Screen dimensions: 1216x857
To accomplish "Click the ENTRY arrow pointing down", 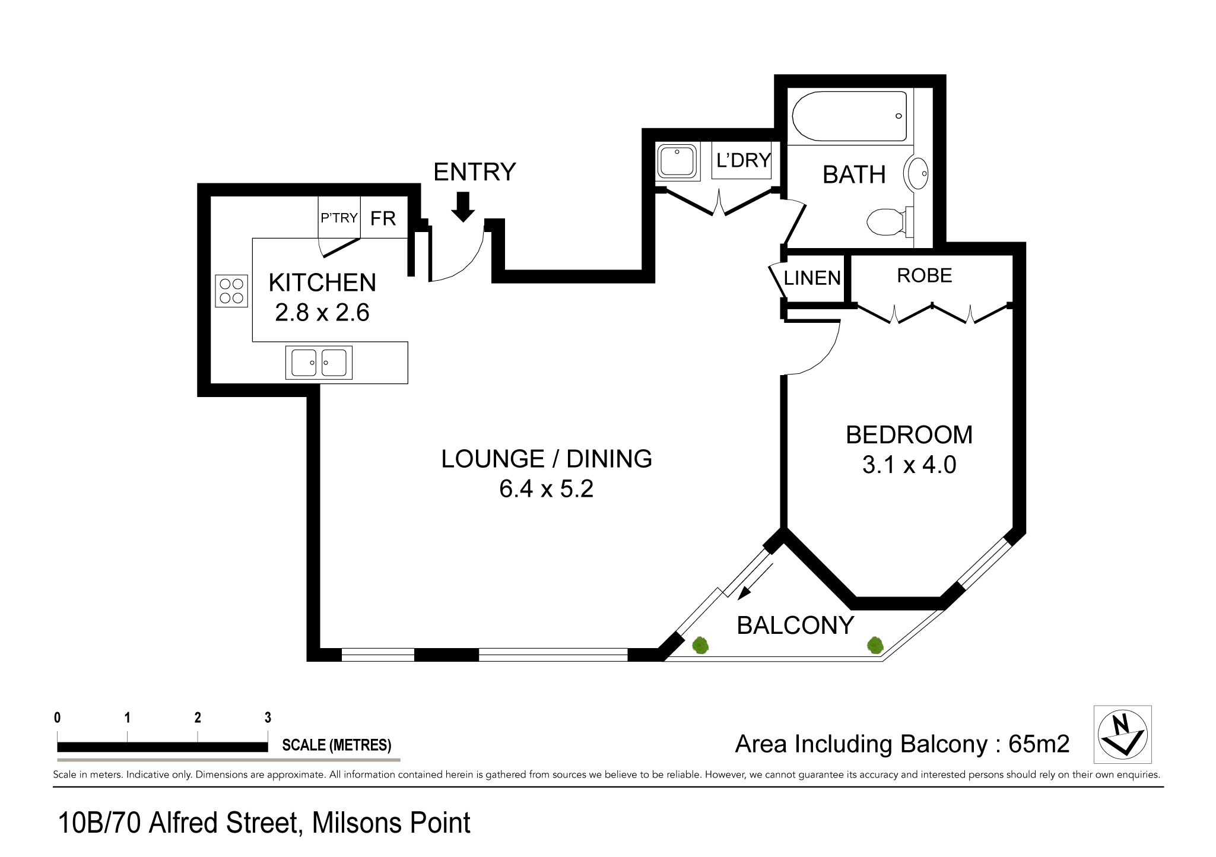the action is coord(463,207).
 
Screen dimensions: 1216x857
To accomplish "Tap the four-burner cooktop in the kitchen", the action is coord(231,291).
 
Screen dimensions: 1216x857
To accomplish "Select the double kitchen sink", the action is coord(319,363).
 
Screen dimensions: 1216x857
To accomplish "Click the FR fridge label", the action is coord(383,218).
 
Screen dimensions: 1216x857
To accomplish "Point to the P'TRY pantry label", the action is coord(339,218).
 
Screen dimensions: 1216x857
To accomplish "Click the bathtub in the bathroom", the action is coord(849,116).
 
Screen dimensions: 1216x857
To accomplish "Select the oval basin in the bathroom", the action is coord(916,173).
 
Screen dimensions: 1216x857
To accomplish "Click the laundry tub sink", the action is coord(677,159).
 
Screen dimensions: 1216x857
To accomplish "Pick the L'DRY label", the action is coord(743,160).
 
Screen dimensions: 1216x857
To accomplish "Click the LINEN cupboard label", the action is coord(812,278).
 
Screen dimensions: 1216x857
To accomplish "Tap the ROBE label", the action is coord(924,275).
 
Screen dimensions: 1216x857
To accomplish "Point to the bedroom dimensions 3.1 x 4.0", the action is coord(909,465).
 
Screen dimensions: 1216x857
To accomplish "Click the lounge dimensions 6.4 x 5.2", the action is coord(547,488).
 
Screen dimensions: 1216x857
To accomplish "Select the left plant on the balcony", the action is coord(701,645).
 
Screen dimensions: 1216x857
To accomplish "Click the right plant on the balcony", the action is coord(875,645).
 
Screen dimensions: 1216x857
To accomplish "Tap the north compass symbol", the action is coord(1122,734).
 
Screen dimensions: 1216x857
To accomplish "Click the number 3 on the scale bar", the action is coord(268,718).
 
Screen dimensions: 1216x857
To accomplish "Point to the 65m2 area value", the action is coord(1039,744).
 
